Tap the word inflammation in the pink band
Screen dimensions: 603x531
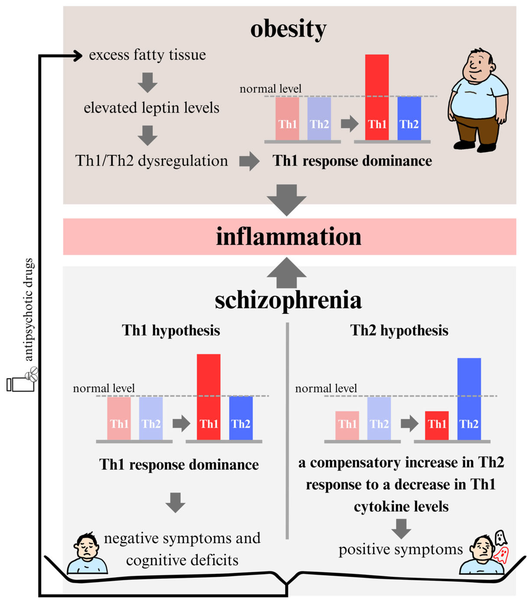coord(288,237)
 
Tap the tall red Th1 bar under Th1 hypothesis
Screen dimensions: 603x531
coord(208,397)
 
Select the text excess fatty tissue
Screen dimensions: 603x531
coord(147,55)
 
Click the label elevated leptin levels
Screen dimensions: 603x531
coord(152,108)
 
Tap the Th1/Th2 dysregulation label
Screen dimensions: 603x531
coord(152,161)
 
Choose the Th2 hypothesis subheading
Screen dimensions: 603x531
coord(399,330)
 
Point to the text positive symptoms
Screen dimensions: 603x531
coord(400,549)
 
